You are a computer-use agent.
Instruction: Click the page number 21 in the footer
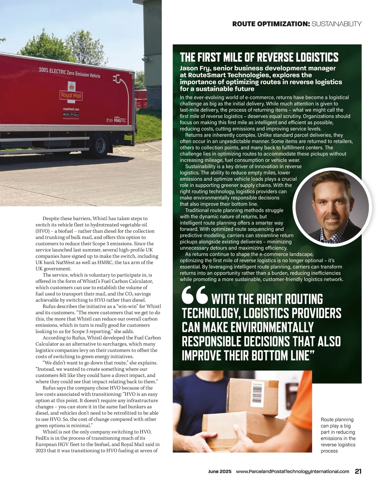click(x=358, y=471)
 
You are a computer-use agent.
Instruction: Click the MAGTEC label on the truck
click(x=120, y=120)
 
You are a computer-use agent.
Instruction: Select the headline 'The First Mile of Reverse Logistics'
click(x=259, y=57)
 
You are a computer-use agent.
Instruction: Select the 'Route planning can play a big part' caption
click(x=338, y=435)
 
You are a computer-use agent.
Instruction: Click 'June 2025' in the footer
click(x=220, y=471)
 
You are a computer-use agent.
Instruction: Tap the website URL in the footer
click(x=292, y=471)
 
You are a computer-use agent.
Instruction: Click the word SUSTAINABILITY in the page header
click(x=336, y=24)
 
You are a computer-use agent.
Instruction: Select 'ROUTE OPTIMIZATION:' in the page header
click(x=271, y=24)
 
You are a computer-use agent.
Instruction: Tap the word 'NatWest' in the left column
click(x=66, y=262)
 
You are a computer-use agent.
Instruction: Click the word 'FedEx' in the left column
click(x=42, y=438)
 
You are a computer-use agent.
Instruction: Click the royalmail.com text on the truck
click(x=71, y=109)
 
